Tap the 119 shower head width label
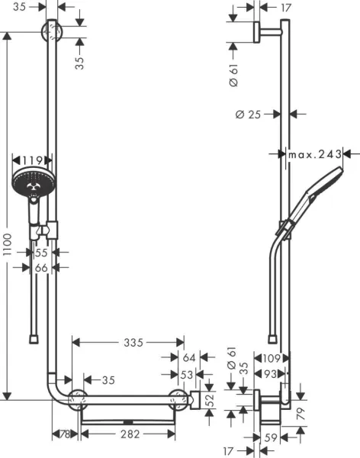[33, 161]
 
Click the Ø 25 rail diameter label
[249, 114]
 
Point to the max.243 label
[313, 154]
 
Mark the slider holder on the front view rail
[50, 227]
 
